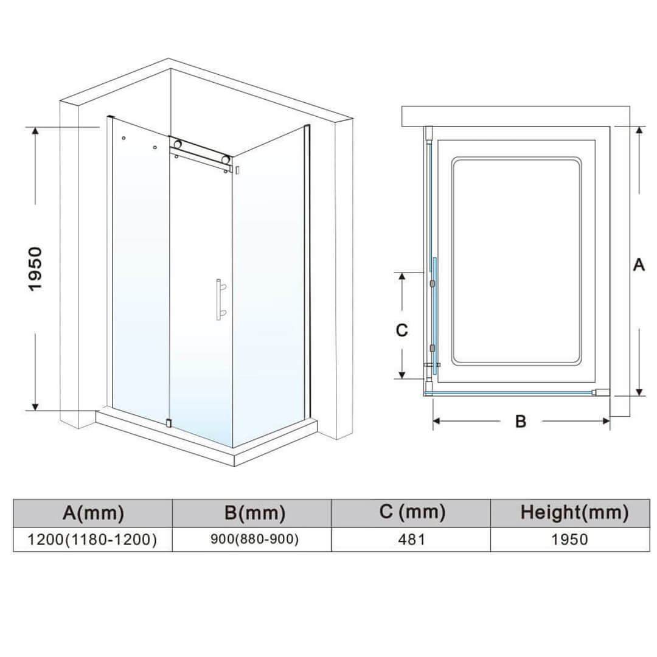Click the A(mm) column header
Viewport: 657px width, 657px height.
93,512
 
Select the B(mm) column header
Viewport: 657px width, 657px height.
255,512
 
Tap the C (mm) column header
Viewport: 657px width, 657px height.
412,512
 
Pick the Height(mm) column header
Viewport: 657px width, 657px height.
574,512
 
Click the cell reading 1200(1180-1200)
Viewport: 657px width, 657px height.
92,539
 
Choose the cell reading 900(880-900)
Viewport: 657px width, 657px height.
255,539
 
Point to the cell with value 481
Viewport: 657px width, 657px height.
412,539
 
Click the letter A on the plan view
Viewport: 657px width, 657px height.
639,265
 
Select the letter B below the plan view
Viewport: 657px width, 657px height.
520,421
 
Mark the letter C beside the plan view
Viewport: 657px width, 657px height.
402,330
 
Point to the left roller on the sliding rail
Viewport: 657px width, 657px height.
178,144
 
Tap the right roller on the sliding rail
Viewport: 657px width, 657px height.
227,159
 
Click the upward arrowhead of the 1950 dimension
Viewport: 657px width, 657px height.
36,130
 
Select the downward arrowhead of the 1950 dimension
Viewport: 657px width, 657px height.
36,406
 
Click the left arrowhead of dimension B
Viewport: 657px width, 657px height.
436,421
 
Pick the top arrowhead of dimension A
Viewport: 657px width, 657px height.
639,130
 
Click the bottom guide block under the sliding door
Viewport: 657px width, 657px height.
168,423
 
